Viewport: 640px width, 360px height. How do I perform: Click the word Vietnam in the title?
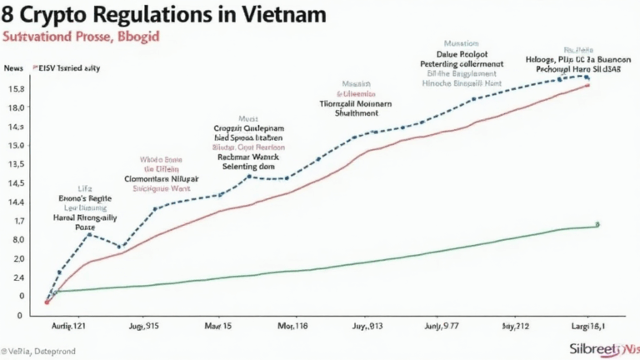coord(279,16)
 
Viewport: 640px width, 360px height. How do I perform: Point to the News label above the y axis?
coord(13,68)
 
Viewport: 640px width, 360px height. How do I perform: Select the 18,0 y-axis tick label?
coord(15,108)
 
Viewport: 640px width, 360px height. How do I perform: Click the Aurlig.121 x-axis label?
coord(69,324)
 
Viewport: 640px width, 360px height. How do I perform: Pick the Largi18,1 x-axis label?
coord(587,324)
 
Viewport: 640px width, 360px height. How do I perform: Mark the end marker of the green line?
coord(597,225)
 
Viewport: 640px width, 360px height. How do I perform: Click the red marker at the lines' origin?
coord(47,302)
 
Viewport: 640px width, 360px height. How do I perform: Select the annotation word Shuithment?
coord(355,114)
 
